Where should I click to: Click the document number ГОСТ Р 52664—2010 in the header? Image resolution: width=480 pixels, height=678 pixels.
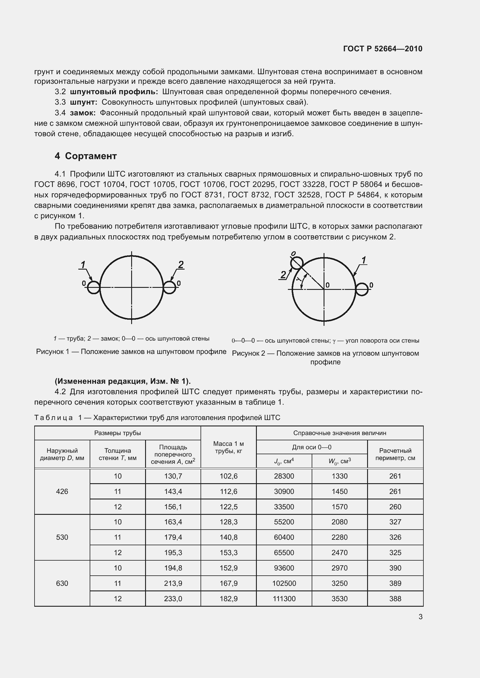pos(382,49)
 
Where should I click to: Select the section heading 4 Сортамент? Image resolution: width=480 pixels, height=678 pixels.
pos(86,156)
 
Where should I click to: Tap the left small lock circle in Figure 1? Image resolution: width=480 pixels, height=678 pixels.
pos(94,287)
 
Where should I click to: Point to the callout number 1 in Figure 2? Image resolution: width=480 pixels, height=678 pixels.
pos(364,260)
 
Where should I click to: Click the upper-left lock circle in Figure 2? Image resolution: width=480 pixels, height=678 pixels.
pos(297,263)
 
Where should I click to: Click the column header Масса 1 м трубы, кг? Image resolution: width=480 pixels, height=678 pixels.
pos(228,447)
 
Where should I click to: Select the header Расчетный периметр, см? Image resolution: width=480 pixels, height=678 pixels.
pos(395,454)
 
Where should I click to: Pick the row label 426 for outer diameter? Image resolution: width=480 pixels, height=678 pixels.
pos(62,491)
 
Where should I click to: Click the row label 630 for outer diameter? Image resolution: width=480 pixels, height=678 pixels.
pos(62,583)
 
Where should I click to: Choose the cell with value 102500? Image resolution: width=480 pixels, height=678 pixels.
pos(284,583)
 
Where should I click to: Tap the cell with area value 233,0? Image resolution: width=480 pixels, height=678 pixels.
pos(173,599)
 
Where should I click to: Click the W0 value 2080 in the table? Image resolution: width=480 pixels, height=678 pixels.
pos(339,522)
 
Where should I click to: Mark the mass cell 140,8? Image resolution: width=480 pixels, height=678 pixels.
pos(228,537)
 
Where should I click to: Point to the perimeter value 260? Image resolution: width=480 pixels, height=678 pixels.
pos(395,507)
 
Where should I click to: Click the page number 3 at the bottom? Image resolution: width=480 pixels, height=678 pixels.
pos(420,617)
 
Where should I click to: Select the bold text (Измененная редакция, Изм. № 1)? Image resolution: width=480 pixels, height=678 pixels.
pos(123,381)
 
